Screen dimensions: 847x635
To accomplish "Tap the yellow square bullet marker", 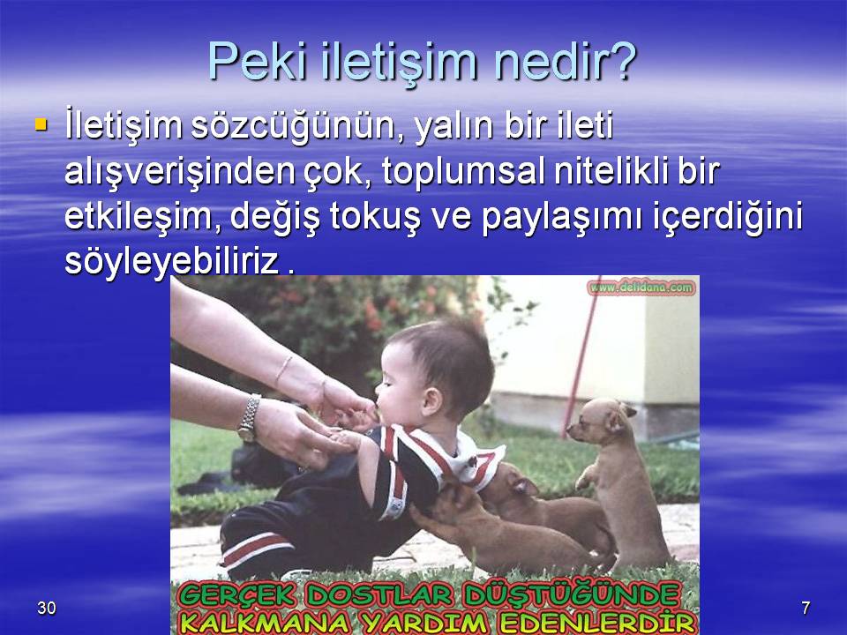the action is (41, 124).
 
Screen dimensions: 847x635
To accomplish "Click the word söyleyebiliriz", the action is (171, 263).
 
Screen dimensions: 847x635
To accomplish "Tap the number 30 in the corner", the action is (47, 608).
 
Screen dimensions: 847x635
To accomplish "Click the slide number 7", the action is (806, 608).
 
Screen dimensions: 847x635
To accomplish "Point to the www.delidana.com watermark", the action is (641, 288).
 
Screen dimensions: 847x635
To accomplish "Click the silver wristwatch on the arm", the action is (250, 417).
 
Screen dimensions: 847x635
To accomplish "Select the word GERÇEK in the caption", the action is (236, 596).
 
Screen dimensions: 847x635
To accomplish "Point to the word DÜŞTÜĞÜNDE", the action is (571, 595).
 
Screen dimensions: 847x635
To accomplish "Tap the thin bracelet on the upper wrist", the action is (283, 370).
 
